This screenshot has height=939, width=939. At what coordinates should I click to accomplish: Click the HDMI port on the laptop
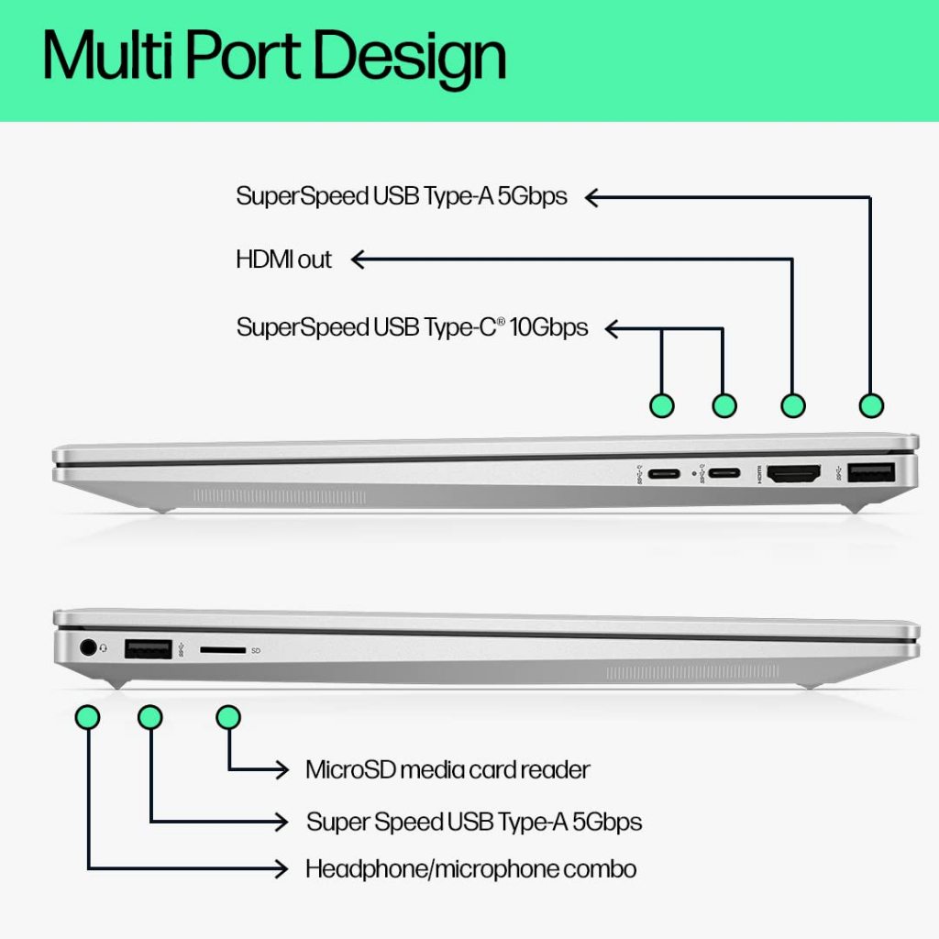point(793,474)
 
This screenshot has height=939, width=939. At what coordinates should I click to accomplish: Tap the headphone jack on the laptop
point(89,646)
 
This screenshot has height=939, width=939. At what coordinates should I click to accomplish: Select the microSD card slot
point(223,649)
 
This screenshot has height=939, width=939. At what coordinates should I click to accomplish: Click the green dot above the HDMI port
point(792,404)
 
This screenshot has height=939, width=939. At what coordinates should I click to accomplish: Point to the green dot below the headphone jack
point(88,717)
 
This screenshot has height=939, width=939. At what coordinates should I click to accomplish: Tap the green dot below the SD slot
point(228,717)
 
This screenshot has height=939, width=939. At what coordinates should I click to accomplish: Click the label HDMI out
point(283,260)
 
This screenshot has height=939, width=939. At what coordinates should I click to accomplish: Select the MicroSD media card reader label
point(447,769)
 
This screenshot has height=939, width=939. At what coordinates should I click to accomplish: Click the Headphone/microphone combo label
point(470,868)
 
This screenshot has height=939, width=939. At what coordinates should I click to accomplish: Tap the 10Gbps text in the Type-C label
point(548,327)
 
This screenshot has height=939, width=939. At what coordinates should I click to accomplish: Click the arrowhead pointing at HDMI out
point(359,260)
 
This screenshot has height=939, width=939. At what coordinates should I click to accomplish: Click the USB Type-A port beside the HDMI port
point(871,473)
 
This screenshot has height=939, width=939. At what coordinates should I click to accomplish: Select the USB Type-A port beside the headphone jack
point(147,649)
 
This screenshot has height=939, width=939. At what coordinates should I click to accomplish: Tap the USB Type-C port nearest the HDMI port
point(724,474)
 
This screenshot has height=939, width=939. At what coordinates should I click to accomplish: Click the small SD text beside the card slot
point(256,650)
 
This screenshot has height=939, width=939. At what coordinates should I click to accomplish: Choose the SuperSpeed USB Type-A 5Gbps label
point(402,195)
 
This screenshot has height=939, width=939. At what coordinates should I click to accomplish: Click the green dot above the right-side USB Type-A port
point(870,404)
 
